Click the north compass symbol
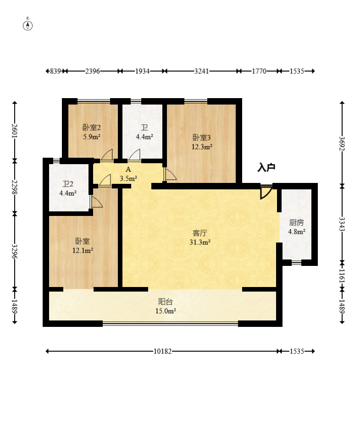click(28, 24)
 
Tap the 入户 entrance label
click(266, 167)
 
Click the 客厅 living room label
click(200, 233)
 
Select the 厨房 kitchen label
click(297, 222)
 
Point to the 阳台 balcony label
click(166, 302)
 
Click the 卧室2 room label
click(92, 127)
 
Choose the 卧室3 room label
click(202, 138)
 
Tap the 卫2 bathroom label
click(68, 184)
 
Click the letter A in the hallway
click(128, 170)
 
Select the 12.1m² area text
click(83, 250)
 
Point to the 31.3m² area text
click(200, 242)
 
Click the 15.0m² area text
click(166, 311)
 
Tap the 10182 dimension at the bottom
click(163, 351)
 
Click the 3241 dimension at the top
click(201, 71)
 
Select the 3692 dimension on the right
click(342, 144)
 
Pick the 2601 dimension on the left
click(15, 131)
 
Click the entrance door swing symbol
click(266, 193)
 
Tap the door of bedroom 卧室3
click(170, 174)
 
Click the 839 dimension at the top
click(55, 71)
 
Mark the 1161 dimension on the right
click(342, 276)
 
